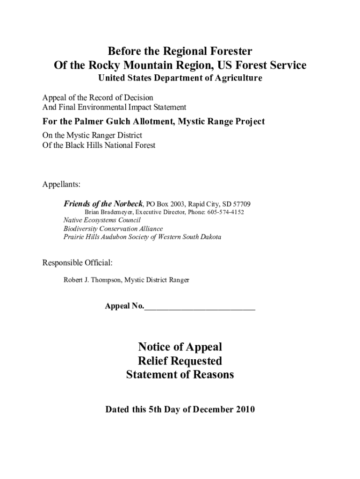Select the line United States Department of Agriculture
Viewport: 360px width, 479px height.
pyautogui.click(x=180, y=78)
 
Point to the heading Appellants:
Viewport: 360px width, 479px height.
pyautogui.click(x=62, y=184)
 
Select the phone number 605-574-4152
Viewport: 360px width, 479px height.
pyautogui.click(x=228, y=212)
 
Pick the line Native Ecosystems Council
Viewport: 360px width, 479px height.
pyautogui.click(x=102, y=220)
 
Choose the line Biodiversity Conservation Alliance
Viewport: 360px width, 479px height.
pyautogui.click(x=113, y=229)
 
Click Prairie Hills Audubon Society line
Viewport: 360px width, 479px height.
pyautogui.click(x=142, y=237)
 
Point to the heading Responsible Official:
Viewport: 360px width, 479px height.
pyautogui.click(x=78, y=263)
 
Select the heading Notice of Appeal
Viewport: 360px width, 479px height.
pyautogui.click(x=180, y=347)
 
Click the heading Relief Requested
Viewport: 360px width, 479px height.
pyautogui.click(x=180, y=361)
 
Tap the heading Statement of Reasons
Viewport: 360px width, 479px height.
pyautogui.click(x=180, y=375)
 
